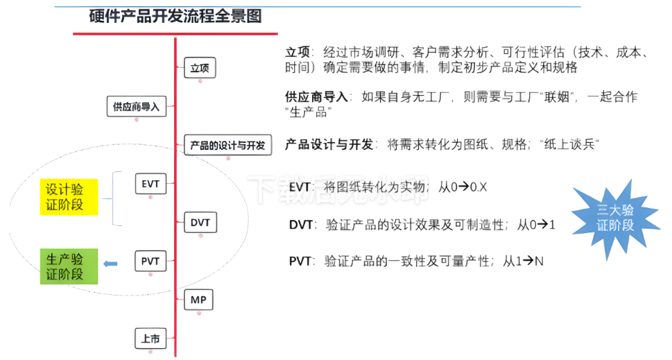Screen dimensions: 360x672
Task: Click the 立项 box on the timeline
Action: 200,68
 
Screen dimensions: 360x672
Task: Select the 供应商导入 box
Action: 136,107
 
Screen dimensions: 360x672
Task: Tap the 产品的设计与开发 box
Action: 227,145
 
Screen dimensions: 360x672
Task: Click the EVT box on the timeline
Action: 150,184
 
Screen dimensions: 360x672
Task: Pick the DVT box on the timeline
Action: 200,223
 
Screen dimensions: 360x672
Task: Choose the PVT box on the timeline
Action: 150,262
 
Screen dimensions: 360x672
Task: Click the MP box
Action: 198,300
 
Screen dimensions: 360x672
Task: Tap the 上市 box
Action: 150,339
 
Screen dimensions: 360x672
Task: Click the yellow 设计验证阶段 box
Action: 69,197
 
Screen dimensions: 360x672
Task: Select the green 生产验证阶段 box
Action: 69,266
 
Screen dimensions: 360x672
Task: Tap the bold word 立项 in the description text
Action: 296,53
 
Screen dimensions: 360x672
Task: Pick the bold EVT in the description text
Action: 300,187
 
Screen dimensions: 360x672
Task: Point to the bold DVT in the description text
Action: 301,225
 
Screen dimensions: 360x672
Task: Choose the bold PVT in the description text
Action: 300,262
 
